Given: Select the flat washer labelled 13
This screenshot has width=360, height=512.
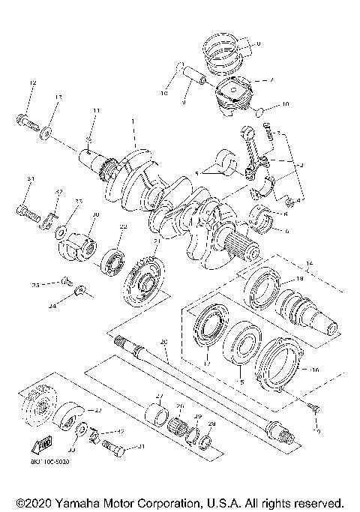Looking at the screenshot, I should (48, 132).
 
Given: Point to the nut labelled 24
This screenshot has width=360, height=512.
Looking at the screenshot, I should (82, 291).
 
